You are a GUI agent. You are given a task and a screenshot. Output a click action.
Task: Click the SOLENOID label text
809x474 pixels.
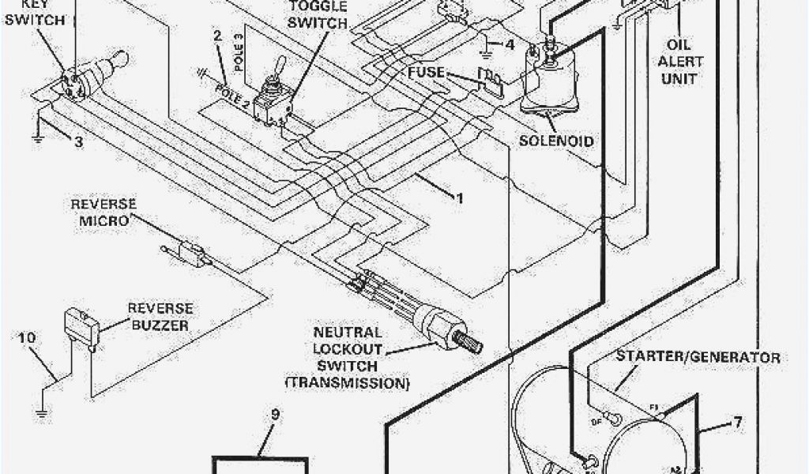click(x=557, y=141)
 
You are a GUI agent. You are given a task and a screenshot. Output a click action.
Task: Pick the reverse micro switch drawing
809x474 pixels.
click(x=188, y=252)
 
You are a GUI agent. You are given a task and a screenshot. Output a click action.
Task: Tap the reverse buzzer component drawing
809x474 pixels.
click(x=79, y=325)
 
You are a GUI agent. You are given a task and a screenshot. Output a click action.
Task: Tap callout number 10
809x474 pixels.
click(x=27, y=338)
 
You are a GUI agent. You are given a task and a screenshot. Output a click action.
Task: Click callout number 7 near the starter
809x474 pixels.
click(x=737, y=423)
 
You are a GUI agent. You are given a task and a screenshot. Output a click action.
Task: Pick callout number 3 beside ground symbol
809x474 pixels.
click(x=78, y=142)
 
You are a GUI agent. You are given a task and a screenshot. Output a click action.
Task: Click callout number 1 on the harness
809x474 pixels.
click(x=458, y=197)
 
